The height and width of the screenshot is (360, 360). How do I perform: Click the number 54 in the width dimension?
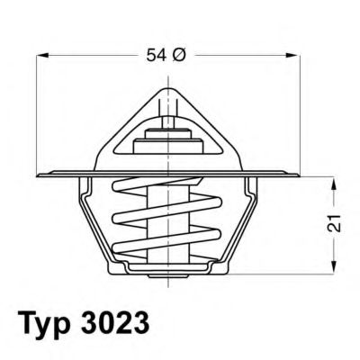coord(154,56)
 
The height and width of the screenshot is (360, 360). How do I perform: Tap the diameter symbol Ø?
coord(177,56)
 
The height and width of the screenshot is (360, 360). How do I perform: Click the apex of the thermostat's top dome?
coord(167,86)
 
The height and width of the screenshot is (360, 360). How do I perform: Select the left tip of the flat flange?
coord(40,173)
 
